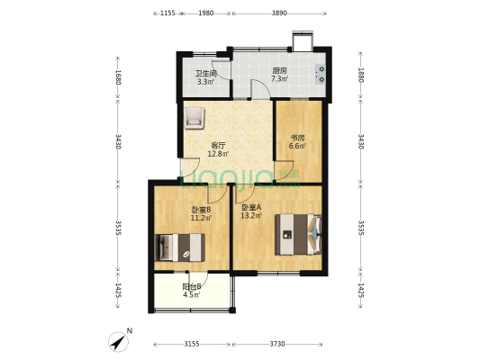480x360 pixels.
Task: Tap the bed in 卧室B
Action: point(181,246)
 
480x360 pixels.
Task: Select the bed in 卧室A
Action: point(298,236)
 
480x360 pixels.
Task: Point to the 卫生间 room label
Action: point(205,74)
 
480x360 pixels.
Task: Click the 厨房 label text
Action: point(280,71)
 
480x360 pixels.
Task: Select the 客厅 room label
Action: point(217,145)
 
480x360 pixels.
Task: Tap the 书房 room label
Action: point(297,139)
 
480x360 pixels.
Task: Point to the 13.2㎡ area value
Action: point(250,216)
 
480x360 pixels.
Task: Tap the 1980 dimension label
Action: point(205,13)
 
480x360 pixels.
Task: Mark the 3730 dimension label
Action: point(281,343)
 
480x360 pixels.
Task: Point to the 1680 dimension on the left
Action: point(119,77)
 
